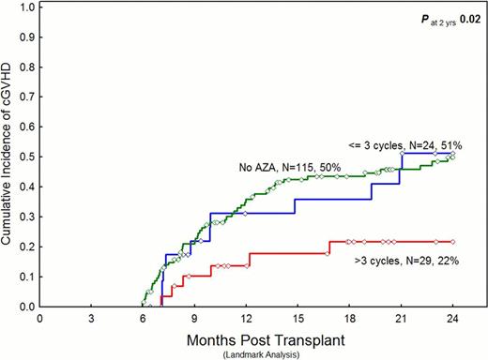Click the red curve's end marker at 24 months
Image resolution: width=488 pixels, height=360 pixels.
point(452,241)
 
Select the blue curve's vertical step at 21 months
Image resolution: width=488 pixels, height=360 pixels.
point(401,169)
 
